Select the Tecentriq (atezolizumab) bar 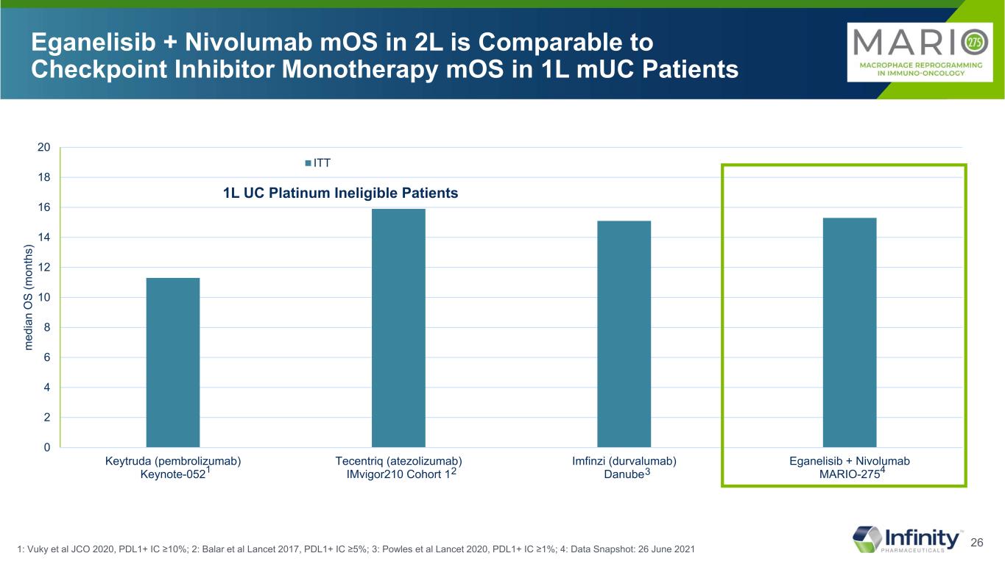[398, 328]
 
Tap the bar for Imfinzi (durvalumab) [624, 334]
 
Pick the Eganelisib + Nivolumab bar [850, 332]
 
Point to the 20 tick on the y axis [44, 148]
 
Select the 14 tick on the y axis [44, 238]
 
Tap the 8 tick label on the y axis [47, 327]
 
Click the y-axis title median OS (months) [28, 298]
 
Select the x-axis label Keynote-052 [172, 475]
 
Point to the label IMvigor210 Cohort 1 [398, 475]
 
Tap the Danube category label [622, 475]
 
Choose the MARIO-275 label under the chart [850, 475]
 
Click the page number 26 [978, 543]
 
